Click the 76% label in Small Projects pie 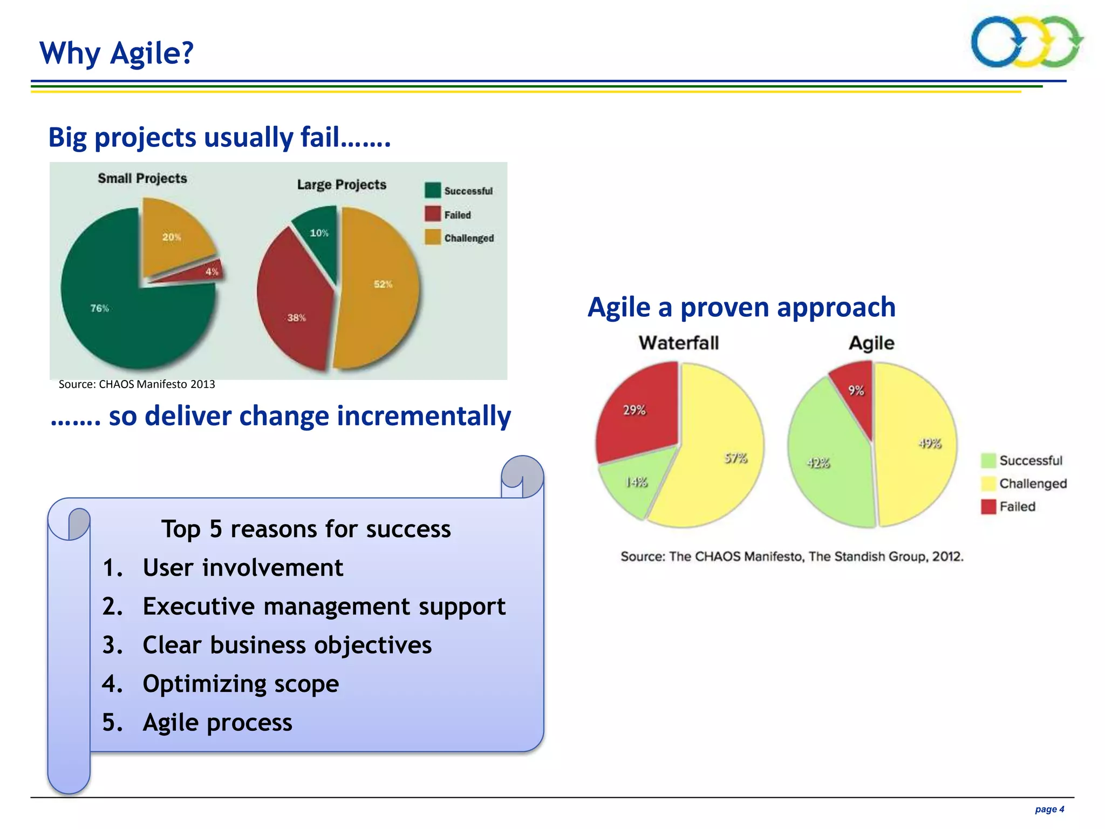99,308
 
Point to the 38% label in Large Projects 296,317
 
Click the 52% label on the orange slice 383,284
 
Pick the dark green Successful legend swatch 433,191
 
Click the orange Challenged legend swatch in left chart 433,237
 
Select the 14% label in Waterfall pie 636,482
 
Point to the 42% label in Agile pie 818,463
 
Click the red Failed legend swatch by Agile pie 988,507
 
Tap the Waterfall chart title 679,343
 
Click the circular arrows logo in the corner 1027,42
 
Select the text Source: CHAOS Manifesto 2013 137,384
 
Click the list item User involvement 243,568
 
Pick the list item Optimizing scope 241,684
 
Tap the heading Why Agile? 117,53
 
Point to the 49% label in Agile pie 930,444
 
